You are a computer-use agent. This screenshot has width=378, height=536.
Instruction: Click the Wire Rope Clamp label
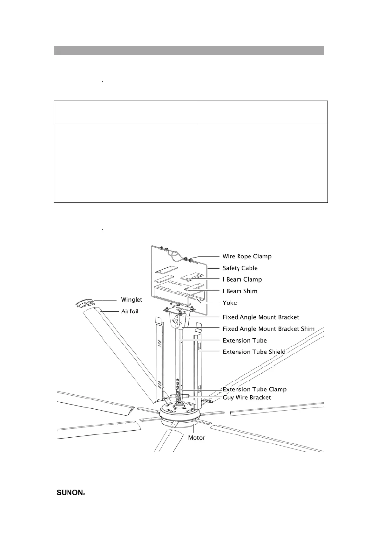(x=247, y=256)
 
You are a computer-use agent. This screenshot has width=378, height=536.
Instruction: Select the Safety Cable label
(x=240, y=268)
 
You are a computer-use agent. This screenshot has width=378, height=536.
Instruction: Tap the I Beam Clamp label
(x=242, y=279)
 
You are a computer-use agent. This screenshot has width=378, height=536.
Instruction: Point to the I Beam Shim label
(x=240, y=291)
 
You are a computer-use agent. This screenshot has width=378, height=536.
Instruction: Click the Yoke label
(x=229, y=303)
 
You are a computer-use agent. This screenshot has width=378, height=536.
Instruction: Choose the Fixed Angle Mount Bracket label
(x=261, y=317)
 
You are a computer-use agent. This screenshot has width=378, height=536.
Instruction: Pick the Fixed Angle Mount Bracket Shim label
(x=268, y=329)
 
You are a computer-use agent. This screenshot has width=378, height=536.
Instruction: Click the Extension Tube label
(x=245, y=341)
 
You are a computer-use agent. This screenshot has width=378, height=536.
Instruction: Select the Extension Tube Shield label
(x=254, y=352)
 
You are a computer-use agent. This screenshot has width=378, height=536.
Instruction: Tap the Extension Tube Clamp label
(x=254, y=389)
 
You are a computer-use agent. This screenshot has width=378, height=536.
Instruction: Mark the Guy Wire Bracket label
(x=246, y=397)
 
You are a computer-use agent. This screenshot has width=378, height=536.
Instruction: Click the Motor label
(x=196, y=438)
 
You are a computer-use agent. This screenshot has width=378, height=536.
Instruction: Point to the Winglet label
(x=132, y=300)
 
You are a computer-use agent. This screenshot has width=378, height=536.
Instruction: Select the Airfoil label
(x=130, y=311)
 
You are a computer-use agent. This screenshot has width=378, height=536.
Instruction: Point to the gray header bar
(x=189, y=50)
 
